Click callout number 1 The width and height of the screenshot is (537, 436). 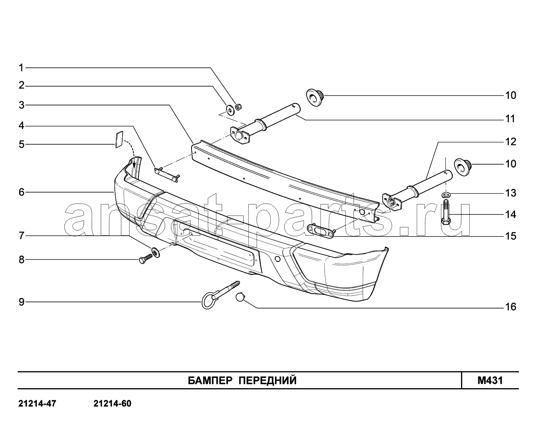[21, 67]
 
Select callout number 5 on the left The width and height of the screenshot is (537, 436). [22, 145]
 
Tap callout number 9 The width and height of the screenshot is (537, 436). [22, 302]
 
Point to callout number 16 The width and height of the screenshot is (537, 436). [511, 307]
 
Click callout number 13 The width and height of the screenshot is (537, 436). [511, 193]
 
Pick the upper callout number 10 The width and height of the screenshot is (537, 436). [511, 95]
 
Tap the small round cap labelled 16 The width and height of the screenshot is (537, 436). [240, 297]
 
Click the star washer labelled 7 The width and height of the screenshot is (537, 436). [155, 253]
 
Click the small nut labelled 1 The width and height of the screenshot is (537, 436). [238, 107]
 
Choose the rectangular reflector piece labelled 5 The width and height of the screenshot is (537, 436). [119, 139]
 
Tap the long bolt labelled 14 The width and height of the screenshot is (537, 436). [446, 212]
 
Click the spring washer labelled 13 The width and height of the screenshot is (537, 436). [446, 194]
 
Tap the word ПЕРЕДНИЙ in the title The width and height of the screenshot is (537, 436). [268, 381]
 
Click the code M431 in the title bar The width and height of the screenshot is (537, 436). [490, 381]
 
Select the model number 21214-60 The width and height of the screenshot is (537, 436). [112, 404]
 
